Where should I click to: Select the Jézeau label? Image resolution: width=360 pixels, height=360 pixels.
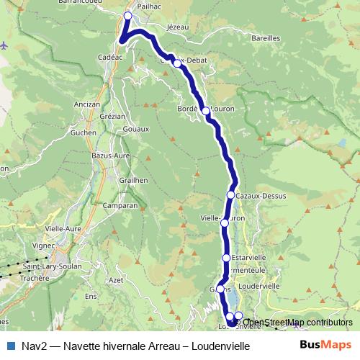176,27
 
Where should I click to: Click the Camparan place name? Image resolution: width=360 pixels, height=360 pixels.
121,205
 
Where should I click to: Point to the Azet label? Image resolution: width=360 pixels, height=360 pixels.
115,279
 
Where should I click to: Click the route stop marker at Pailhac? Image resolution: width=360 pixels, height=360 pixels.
128,16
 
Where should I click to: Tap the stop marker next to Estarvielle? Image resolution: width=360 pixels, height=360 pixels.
226,257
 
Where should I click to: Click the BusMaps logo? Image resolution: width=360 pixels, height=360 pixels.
325,346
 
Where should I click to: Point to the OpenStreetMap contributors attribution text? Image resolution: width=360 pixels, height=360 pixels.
298,323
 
